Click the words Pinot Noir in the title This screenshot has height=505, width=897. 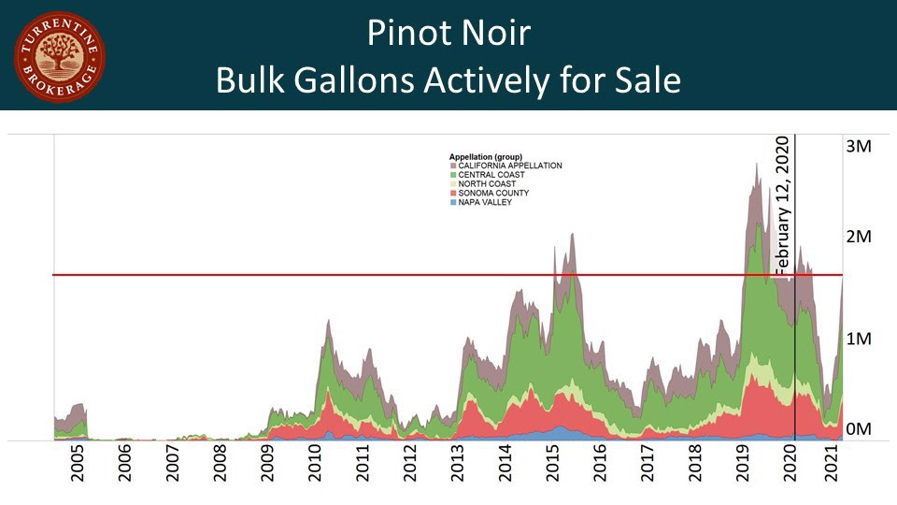(x=448, y=34)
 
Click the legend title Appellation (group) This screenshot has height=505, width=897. (x=485, y=156)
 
